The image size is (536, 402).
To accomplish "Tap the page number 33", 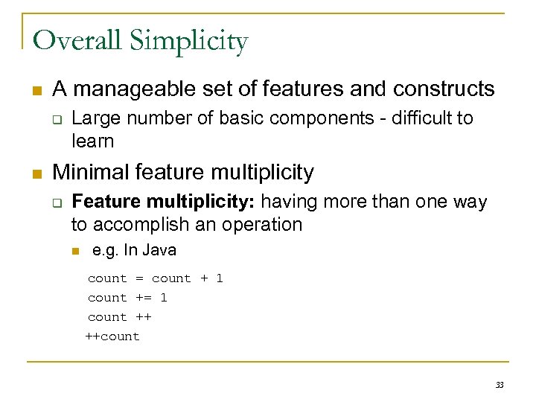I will tap(500, 385).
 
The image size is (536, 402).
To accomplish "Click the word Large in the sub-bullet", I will tap(92, 118).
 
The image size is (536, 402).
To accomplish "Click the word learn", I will tap(92, 141).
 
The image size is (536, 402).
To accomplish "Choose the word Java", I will tap(160, 250).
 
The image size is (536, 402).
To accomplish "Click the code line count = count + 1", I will tap(155, 278).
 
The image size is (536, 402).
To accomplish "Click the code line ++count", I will tap(112, 336).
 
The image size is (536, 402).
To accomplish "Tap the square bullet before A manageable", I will tap(36, 91).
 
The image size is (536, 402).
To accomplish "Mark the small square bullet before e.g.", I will tap(75, 251).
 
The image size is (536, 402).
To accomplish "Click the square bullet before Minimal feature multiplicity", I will tap(36, 173).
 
